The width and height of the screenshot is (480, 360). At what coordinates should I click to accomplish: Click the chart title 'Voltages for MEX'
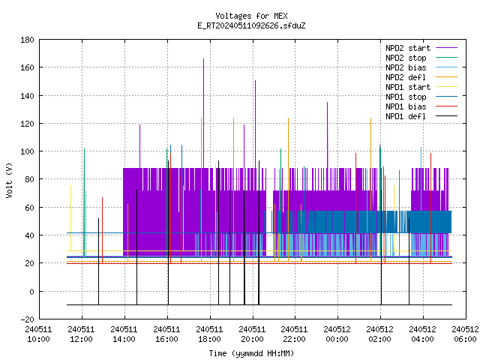click(x=251, y=16)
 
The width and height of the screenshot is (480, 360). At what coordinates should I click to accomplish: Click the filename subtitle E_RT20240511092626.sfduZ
click(x=251, y=25)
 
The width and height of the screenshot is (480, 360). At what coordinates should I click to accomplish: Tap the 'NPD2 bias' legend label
click(x=406, y=67)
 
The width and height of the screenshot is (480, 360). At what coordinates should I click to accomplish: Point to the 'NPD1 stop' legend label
click(x=406, y=97)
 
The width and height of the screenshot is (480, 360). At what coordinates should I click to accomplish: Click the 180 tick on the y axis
click(x=27, y=40)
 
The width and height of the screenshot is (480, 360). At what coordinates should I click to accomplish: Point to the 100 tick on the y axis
click(x=27, y=151)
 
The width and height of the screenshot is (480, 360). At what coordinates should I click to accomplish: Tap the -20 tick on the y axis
click(x=27, y=319)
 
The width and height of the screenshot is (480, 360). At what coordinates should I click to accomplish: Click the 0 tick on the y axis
click(x=31, y=292)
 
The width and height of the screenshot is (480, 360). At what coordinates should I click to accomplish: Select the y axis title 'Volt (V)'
click(x=9, y=180)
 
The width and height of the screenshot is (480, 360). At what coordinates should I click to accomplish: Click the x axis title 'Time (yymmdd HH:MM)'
click(x=251, y=353)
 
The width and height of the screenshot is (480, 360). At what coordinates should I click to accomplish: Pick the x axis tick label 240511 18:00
click(x=209, y=334)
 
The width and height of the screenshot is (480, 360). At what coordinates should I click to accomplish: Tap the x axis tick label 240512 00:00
click(x=337, y=334)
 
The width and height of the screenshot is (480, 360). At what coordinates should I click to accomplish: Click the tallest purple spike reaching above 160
click(x=203, y=113)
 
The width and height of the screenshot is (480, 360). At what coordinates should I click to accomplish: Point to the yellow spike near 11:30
click(x=70, y=218)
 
